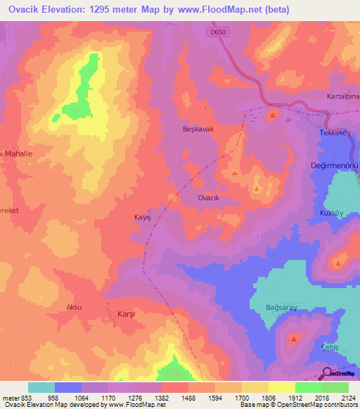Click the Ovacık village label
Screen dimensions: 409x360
(x=211, y=198)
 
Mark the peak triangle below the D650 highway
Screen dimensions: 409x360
(x=272, y=114)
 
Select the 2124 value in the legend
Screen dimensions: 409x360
(x=349, y=397)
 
